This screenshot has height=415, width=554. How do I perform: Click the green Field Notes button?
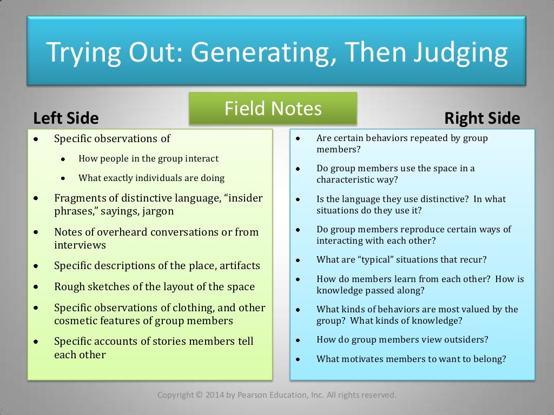coord(273,109)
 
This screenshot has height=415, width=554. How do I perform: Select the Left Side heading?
coord(66,118)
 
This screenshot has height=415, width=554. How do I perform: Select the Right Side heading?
coord(482,118)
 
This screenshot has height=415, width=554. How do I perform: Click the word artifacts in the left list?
coord(235,266)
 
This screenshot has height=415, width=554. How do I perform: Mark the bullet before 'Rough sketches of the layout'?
coord(36,287)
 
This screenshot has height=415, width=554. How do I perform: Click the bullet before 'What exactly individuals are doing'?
coord(63,178)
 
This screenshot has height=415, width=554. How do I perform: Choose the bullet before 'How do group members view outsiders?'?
coord(298,340)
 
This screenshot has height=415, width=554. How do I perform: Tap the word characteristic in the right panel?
coord(344,180)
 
